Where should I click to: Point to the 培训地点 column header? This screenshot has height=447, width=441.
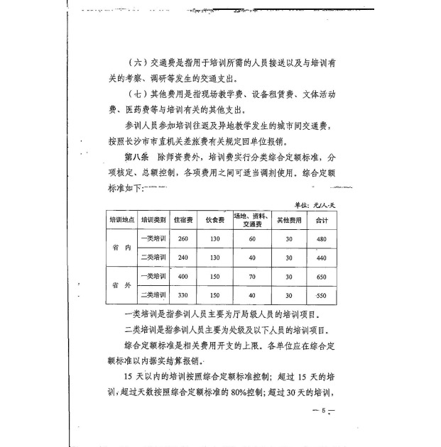121,219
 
